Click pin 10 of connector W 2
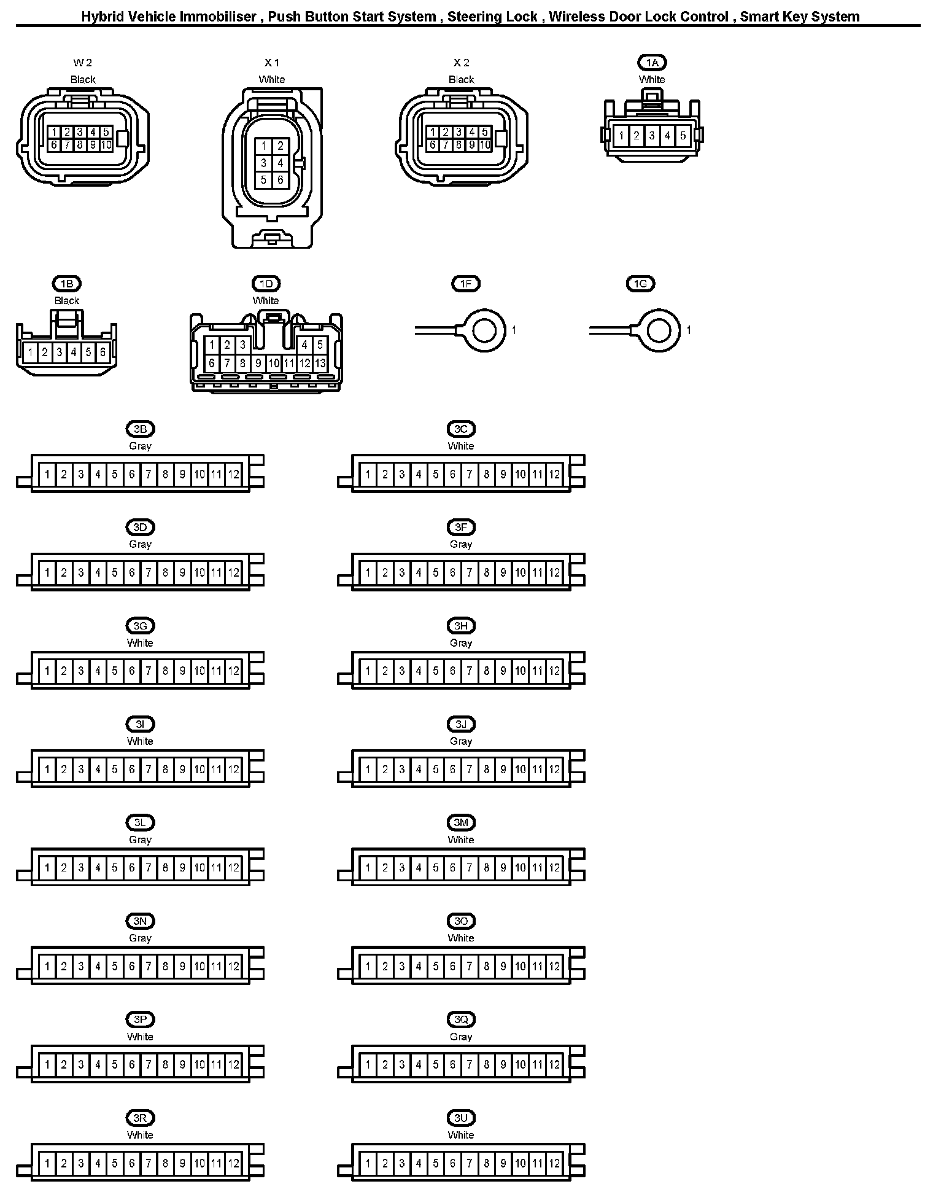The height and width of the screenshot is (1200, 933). pos(106,146)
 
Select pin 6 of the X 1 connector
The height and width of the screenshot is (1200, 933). pos(280,180)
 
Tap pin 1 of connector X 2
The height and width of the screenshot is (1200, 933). pos(433,132)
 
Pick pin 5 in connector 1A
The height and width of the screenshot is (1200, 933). pos(683,136)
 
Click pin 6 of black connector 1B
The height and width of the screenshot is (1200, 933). pos(103,353)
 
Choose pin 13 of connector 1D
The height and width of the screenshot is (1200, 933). pos(320,363)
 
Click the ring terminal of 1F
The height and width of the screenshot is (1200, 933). pos(485,331)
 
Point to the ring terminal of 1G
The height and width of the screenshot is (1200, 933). pos(659,331)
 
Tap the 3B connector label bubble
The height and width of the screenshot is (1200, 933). pos(140,429)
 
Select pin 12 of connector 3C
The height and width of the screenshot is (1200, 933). pos(554,474)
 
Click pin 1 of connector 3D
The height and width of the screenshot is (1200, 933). pos(47,573)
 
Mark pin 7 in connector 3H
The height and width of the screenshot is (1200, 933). pos(470,671)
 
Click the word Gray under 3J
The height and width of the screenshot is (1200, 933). pos(461,741)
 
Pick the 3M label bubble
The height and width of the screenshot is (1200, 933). pos(461,823)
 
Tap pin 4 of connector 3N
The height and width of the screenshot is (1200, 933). pos(98,967)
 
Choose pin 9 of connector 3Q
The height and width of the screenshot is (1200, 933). pos(503,1065)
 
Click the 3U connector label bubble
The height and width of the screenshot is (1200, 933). pos(461,1118)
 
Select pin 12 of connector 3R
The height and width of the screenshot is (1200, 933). pos(234,1163)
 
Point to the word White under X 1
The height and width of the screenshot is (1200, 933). pos(272,79)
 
